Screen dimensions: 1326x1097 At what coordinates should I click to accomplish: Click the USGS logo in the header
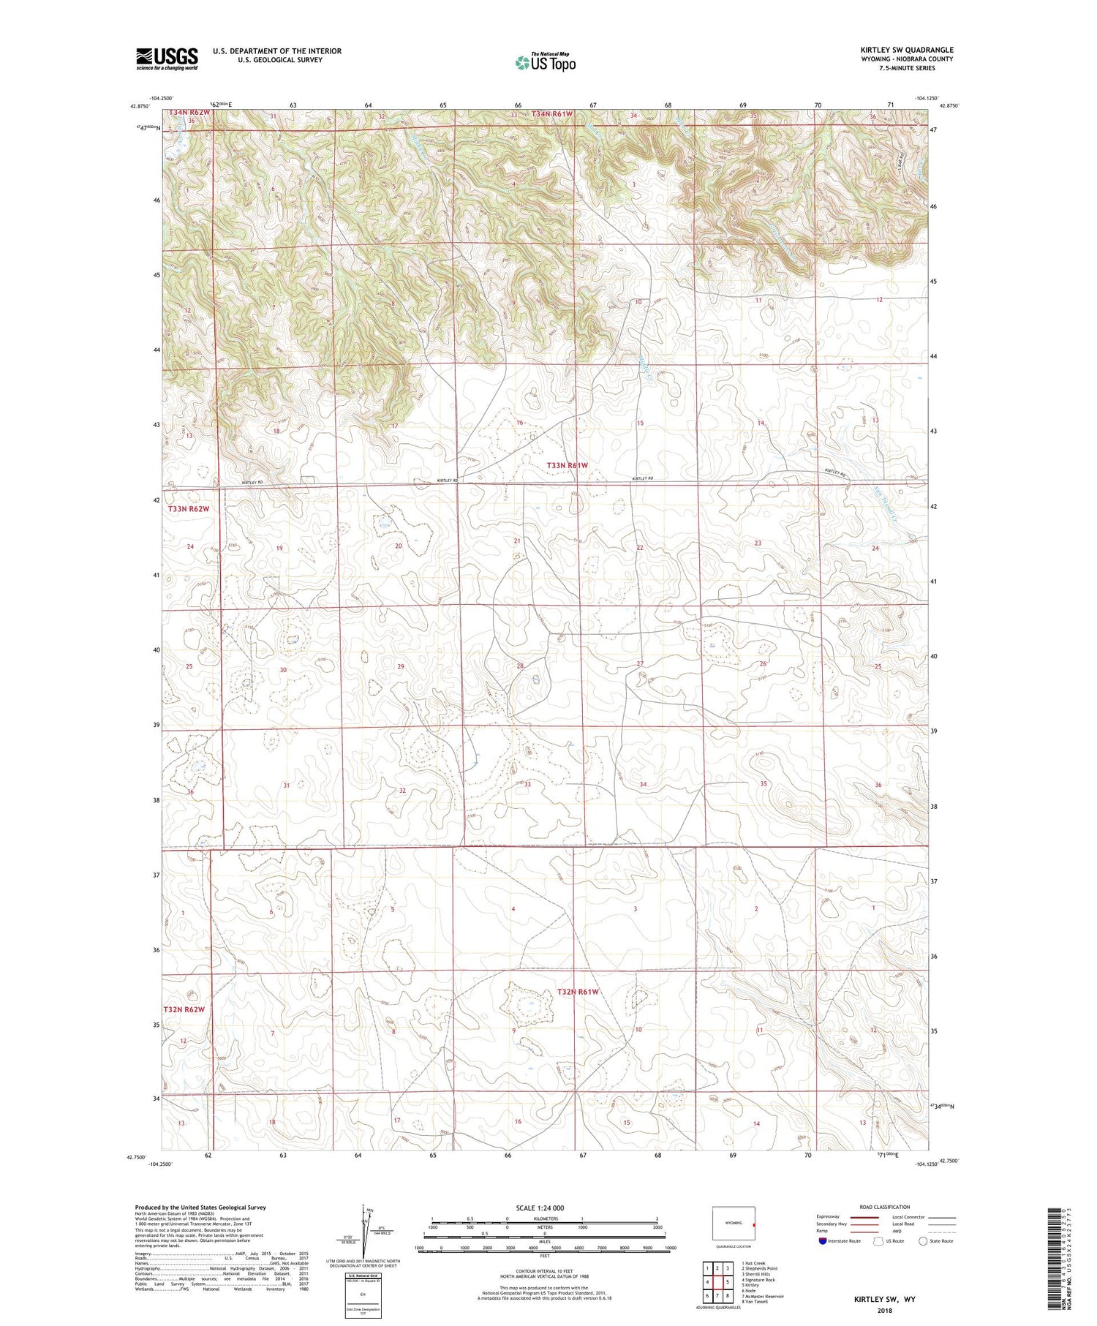(167, 59)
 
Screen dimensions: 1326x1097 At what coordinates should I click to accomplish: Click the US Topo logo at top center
(545, 63)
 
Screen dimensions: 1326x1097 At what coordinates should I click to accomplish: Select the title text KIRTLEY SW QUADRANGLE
(906, 50)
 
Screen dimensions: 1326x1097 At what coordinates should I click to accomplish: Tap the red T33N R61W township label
(567, 465)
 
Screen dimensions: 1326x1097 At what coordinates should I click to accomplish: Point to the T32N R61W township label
(578, 992)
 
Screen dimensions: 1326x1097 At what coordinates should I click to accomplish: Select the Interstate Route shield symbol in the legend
(823, 1241)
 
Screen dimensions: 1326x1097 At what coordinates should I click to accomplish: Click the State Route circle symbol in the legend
(923, 1240)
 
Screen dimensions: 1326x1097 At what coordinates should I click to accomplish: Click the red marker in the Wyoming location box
(754, 1224)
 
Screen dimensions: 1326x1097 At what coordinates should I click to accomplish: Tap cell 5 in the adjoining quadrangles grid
(728, 1282)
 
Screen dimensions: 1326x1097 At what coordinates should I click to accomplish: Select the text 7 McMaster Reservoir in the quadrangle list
(762, 1296)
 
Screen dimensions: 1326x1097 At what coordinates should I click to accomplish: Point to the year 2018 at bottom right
(885, 1311)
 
